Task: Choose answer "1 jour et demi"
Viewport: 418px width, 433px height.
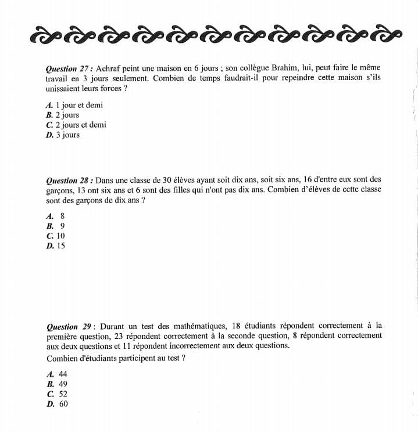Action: [x=79, y=106]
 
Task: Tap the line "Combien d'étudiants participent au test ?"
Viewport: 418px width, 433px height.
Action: [x=116, y=358]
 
